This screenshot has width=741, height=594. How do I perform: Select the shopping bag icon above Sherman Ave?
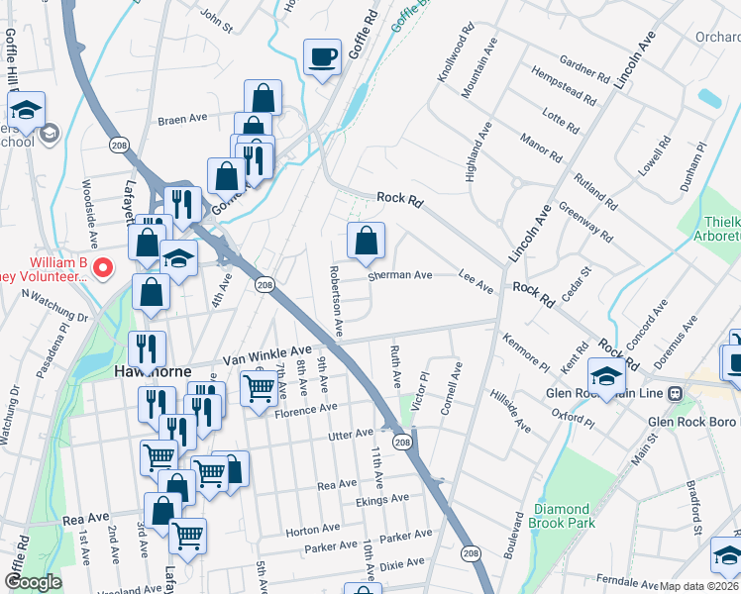pyautogui.click(x=366, y=240)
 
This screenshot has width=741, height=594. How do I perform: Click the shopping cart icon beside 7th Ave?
pyautogui.click(x=259, y=386)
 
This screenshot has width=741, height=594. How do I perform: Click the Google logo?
pyautogui.click(x=33, y=582)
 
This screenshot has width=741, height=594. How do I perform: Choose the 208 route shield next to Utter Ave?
pyautogui.click(x=402, y=442)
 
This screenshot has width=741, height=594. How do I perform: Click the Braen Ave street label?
pyautogui.click(x=182, y=118)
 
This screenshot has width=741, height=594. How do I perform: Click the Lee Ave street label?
pyautogui.click(x=476, y=283)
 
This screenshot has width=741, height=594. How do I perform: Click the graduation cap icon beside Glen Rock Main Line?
pyautogui.click(x=606, y=375)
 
